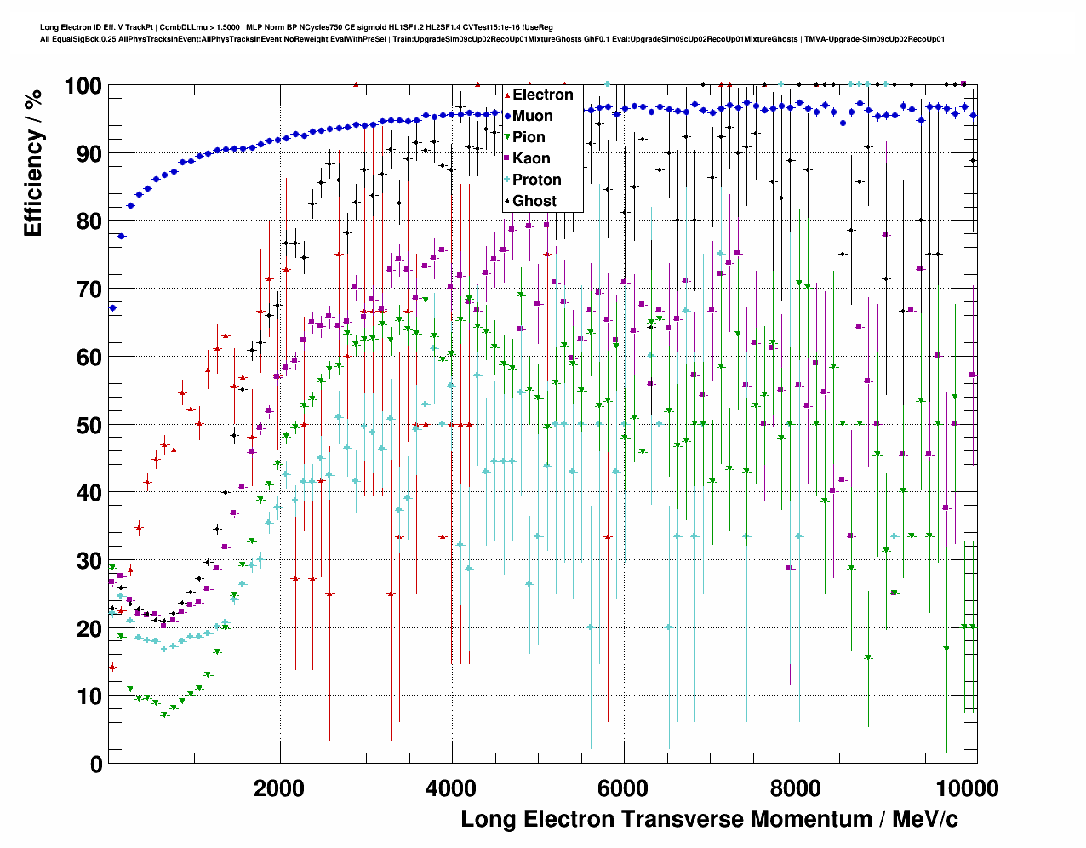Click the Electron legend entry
pyautogui.click(x=542, y=95)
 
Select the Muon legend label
pyautogui.click(x=532, y=116)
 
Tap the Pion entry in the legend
pyautogui.click(x=529, y=137)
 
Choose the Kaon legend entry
pyautogui.click(x=531, y=158)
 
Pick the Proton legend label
pyautogui.click(x=536, y=180)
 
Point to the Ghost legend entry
pyautogui.click(x=534, y=201)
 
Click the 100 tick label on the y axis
pyautogui.click(x=83, y=86)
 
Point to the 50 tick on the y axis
pyautogui.click(x=89, y=425)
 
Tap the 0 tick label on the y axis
pyautogui.click(x=96, y=764)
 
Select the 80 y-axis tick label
pyautogui.click(x=89, y=221)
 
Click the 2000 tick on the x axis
pyautogui.click(x=278, y=788)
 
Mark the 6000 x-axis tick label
pyautogui.click(x=623, y=788)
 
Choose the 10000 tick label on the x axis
pyautogui.click(x=967, y=788)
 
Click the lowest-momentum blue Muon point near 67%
pyautogui.click(x=112, y=308)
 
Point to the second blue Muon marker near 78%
pyautogui.click(x=121, y=236)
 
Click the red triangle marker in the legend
pyautogui.click(x=507, y=95)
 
